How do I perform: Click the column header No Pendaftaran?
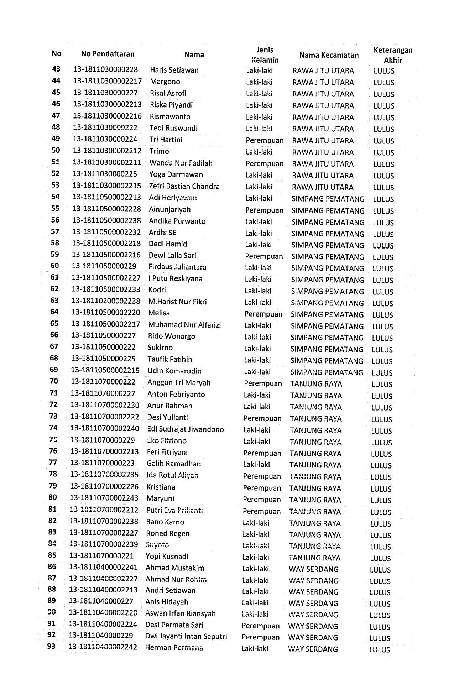click(108, 54)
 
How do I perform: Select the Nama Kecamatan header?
click(329, 55)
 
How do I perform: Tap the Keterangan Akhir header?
click(393, 55)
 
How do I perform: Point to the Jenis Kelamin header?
click(265, 55)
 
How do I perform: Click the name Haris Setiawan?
click(174, 70)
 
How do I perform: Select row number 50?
click(56, 150)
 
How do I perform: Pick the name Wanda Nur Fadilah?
click(181, 163)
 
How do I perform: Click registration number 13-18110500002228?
click(106, 209)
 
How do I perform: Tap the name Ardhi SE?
click(162, 233)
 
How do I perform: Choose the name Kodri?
click(157, 290)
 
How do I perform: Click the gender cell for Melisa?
click(263, 314)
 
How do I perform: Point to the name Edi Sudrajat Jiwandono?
click(185, 429)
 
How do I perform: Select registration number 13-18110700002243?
click(104, 498)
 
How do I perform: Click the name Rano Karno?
click(165, 522)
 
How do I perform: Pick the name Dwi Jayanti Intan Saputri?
click(186, 636)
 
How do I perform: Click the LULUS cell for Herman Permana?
click(380, 649)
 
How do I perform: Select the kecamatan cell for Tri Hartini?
click(323, 141)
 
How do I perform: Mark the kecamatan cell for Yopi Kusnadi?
click(314, 558)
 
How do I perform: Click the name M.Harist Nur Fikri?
click(177, 302)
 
